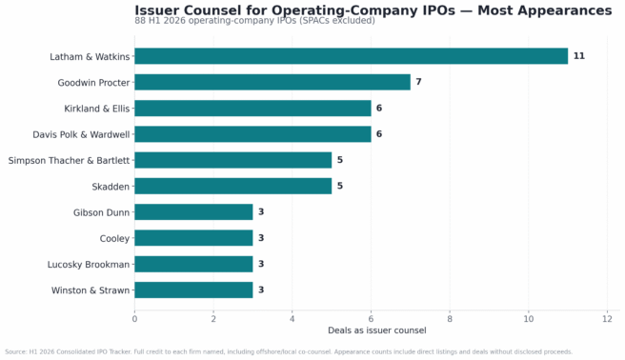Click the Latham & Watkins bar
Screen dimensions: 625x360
[x=352, y=56]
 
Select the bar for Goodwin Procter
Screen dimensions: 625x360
[x=272, y=82]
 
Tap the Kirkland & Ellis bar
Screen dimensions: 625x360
[x=252, y=108]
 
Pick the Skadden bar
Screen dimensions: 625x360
[x=233, y=186]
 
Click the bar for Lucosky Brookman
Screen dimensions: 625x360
[x=193, y=264]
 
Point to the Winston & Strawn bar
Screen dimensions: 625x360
[x=193, y=290]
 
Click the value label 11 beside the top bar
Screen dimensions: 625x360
[x=578, y=56]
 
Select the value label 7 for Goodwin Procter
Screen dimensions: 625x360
[x=418, y=82]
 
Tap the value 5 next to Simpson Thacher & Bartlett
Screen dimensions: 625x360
[x=339, y=160]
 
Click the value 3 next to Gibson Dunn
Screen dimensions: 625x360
[x=261, y=211]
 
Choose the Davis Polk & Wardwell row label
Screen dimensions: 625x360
[x=81, y=134]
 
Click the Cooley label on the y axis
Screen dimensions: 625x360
[x=114, y=238]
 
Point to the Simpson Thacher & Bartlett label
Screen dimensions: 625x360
[x=69, y=161]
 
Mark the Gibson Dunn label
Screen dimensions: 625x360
[x=102, y=212]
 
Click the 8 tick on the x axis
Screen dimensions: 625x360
[x=450, y=319]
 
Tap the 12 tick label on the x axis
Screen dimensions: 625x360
[x=607, y=319]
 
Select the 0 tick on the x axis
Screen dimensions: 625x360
[x=134, y=319]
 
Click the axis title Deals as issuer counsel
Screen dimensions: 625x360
[x=377, y=330]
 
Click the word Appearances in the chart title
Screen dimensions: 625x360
[x=545, y=10]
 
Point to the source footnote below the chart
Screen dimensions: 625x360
[x=289, y=352]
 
